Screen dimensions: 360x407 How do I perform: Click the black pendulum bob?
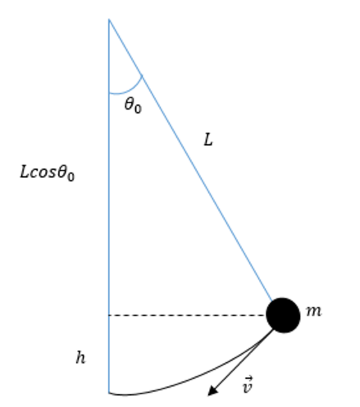[283, 315]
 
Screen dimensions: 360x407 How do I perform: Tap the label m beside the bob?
[314, 311]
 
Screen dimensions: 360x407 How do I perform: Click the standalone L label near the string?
[208, 140]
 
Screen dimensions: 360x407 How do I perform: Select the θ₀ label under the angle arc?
[133, 105]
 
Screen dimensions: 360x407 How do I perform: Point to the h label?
[81, 358]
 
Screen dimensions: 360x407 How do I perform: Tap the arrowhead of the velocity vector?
[213, 390]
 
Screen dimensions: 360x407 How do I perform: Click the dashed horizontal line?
[188, 315]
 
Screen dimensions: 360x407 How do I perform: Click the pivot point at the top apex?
[109, 19]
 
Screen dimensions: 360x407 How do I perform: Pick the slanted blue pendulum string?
[190, 160]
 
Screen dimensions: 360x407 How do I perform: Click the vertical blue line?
[109, 206]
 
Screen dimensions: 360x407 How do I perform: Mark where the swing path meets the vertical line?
[109, 393]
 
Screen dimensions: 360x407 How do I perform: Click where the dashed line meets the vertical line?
[109, 315]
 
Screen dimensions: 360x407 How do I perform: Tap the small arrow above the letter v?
[249, 378]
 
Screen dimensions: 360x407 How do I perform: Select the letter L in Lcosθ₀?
[24, 172]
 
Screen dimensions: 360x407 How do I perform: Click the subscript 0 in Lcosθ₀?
[71, 177]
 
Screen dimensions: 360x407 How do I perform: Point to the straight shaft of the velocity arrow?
[243, 360]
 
